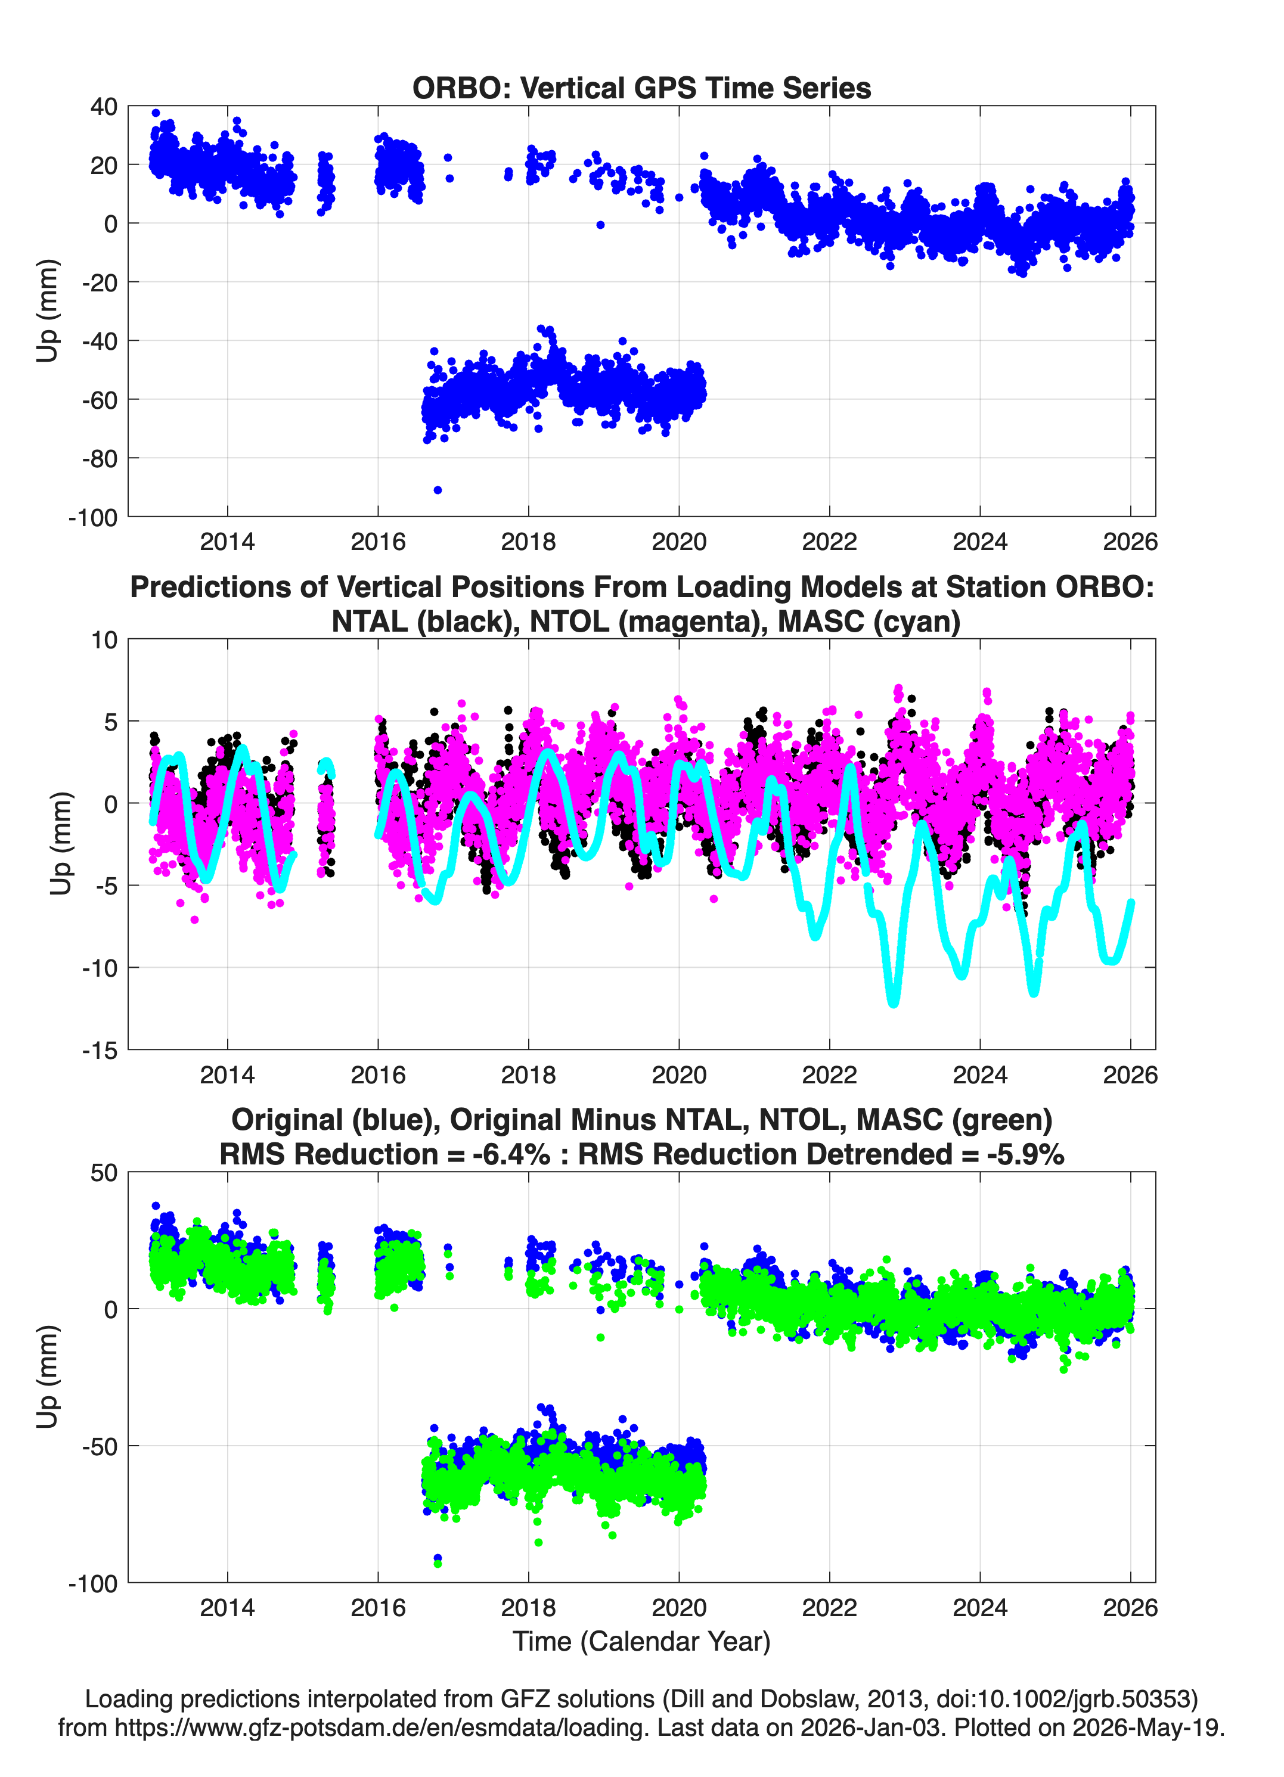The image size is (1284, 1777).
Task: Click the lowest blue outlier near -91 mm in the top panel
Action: (x=438, y=490)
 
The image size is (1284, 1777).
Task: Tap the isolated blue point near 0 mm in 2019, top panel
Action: (x=600, y=225)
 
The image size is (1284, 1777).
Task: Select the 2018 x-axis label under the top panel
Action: (x=528, y=542)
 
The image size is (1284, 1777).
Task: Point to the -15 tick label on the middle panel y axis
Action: (x=99, y=1050)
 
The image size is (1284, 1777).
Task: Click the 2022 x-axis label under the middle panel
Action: (x=829, y=1075)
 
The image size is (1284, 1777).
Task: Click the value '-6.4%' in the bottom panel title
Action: (x=511, y=1154)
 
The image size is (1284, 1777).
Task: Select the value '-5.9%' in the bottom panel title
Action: (x=1025, y=1154)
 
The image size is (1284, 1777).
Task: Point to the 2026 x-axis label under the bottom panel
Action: (x=1130, y=1608)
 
